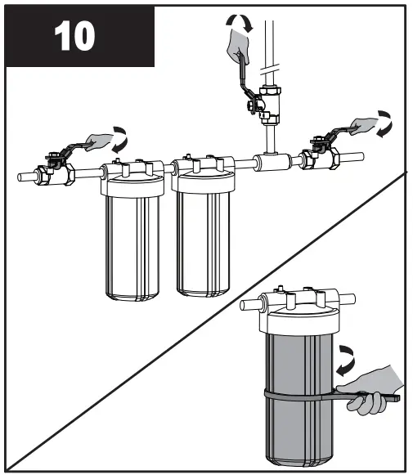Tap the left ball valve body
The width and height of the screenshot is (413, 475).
pyautogui.click(x=59, y=173)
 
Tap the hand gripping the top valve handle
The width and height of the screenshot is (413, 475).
pyautogui.click(x=240, y=43)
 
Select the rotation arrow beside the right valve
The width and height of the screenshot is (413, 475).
pyautogui.click(x=383, y=123)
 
